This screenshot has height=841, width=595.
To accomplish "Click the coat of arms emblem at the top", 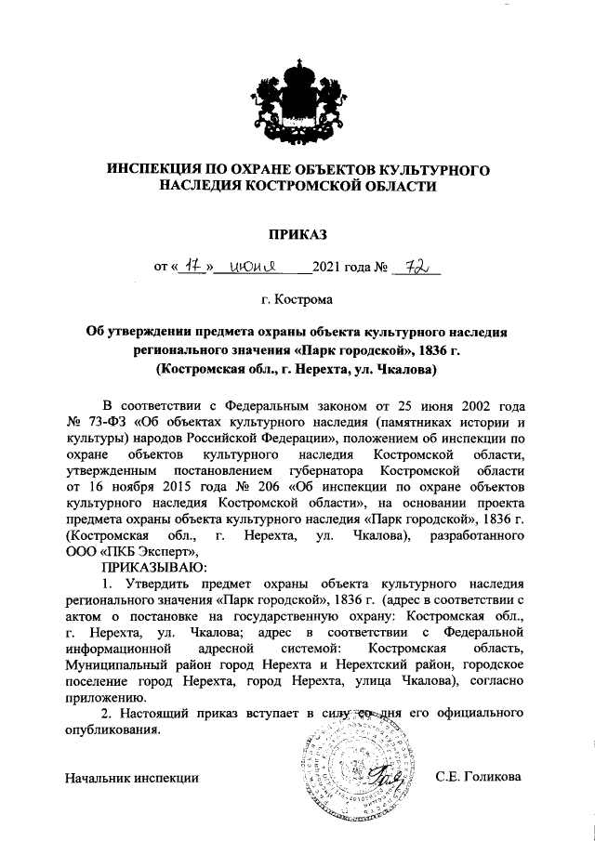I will (x=297, y=96).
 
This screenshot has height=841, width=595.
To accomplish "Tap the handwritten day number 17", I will (x=192, y=268).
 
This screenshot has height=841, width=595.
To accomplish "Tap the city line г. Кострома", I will (x=297, y=300).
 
